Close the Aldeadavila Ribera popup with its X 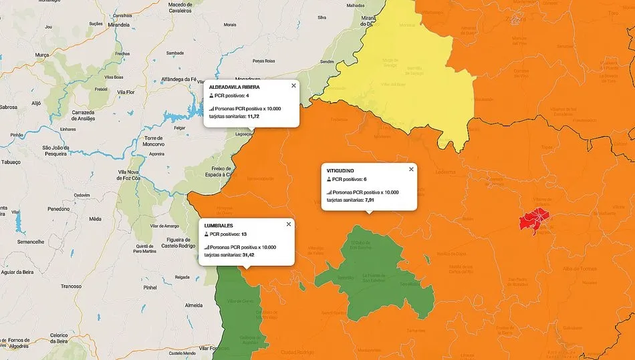293,85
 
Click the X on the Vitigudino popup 411,169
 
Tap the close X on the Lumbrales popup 289,224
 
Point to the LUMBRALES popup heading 219,226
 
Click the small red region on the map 535,220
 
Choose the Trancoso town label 71,286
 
